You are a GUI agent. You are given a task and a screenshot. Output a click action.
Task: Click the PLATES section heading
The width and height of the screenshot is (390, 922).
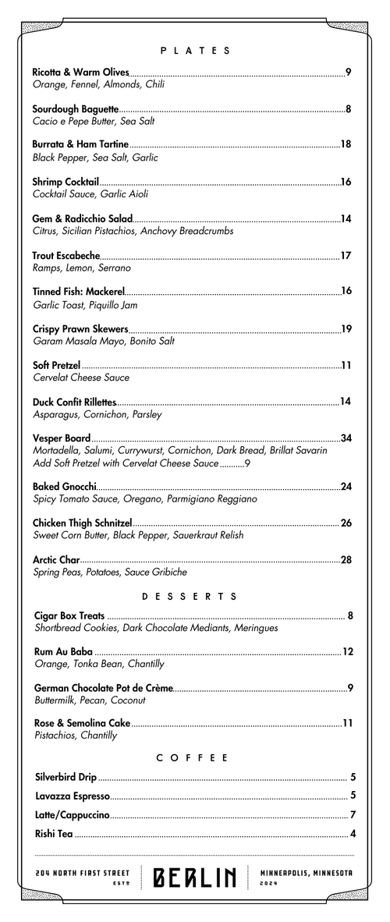pos(195,51)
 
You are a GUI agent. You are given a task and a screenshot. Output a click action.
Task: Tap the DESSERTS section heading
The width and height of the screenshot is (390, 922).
pos(190,597)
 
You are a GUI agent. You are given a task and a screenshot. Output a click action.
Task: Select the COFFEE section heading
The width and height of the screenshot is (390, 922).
pos(192,757)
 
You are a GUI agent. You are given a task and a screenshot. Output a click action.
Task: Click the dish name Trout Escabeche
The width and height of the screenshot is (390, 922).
pos(66,255)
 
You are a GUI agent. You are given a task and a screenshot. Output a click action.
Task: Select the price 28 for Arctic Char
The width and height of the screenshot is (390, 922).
pos(347,559)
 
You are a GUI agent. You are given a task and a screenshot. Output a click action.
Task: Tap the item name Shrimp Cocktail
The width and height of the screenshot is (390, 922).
pos(66,182)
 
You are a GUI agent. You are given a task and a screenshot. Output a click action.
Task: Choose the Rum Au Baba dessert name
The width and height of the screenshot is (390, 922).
pos(64,651)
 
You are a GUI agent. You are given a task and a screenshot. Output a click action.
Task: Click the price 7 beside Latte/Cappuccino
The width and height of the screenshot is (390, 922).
pos(353,815)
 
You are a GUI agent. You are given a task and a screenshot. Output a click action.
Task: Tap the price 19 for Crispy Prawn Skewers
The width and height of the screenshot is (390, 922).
pos(347,328)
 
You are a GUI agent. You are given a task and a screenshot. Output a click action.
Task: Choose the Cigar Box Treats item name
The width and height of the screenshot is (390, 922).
pos(70,616)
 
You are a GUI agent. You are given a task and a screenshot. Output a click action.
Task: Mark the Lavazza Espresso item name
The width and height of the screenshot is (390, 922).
pos(73,796)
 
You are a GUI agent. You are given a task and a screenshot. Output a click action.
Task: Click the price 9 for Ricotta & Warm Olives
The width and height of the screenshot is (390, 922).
pos(349,73)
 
